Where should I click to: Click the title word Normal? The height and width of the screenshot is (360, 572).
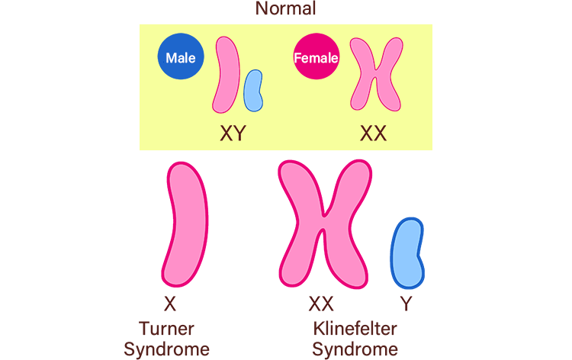point(285,9)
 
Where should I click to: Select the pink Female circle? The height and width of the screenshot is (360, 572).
point(316,57)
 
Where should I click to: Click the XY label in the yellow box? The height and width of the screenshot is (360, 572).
point(233,134)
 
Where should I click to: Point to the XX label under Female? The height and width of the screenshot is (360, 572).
point(373,134)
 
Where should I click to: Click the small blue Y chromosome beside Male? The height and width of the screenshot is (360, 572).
point(252,90)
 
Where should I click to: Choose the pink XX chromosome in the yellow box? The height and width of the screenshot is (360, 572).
point(375,75)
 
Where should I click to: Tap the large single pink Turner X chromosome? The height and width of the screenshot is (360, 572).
point(187,225)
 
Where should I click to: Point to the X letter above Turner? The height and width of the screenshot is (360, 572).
point(170,304)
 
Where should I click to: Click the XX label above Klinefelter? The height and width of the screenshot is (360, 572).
point(321,304)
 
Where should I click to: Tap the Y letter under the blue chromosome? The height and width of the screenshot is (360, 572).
point(407,304)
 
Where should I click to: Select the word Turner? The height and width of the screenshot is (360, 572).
point(166,329)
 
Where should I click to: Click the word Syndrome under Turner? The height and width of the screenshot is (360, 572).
point(166,349)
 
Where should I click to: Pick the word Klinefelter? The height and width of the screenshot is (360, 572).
point(355,329)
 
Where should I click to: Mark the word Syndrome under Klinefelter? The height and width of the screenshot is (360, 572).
point(355,349)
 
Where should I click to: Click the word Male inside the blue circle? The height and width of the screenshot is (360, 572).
point(181,58)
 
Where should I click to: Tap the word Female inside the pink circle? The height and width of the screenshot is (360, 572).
point(316,57)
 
